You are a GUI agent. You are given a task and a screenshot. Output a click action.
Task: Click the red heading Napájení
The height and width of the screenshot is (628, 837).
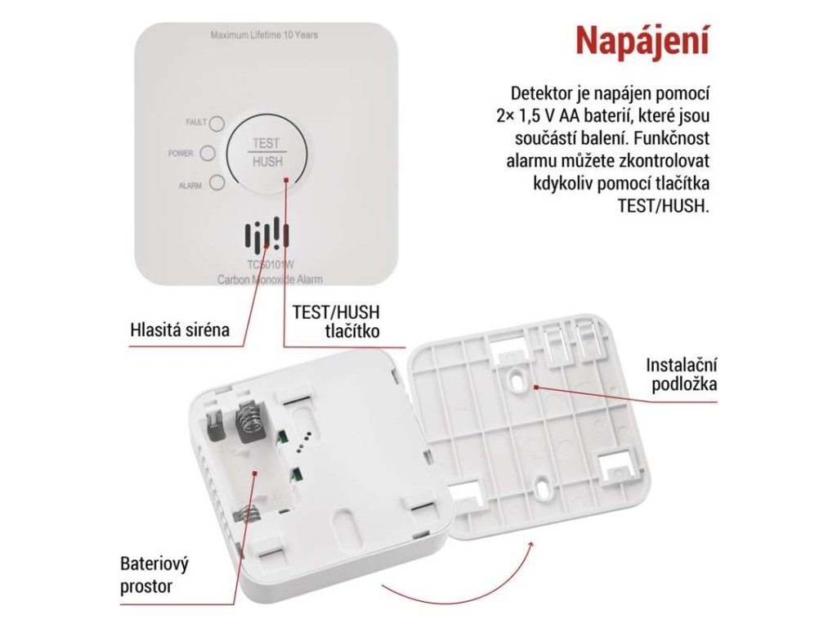coord(642,41)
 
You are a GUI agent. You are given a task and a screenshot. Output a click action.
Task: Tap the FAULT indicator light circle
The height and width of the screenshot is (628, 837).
coord(217,124)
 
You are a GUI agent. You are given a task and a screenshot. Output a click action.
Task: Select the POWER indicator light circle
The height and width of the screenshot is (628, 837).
coord(207,153)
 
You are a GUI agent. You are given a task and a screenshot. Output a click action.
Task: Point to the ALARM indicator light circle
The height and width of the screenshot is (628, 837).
coord(217,182)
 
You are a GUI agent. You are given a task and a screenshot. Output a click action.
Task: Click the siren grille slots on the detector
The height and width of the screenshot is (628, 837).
coord(267,235)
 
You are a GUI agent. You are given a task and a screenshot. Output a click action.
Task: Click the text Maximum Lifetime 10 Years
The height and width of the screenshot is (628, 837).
coord(264,35)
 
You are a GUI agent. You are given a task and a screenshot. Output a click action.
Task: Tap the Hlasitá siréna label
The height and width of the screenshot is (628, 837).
coord(180,329)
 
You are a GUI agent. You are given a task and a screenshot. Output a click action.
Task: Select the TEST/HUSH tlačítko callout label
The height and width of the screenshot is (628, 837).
coord(336,321)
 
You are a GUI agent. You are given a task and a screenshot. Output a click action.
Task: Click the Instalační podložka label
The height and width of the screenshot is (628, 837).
coord(681,375)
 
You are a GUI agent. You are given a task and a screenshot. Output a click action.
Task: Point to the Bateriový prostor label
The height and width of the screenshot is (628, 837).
coord(154,575)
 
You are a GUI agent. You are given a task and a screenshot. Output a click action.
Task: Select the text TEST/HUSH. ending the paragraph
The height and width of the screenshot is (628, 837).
coord(664,205)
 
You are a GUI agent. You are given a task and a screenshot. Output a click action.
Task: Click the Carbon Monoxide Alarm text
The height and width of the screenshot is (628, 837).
coord(270,280)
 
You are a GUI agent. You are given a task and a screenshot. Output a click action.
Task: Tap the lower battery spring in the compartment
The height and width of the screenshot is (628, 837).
coord(248,514)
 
